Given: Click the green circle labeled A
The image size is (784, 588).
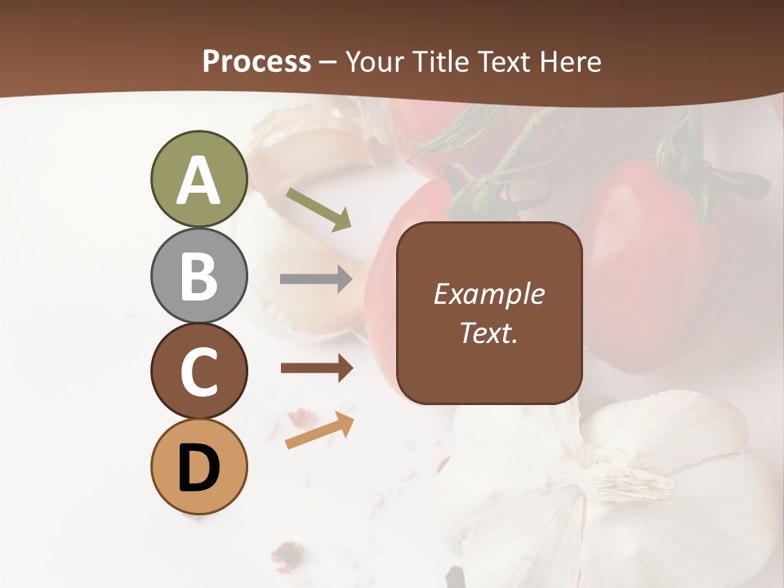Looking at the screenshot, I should pos(198,179).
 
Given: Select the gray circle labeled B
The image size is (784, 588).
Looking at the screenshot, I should pos(198,275).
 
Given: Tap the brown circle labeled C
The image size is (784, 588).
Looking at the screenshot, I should pos(198,371).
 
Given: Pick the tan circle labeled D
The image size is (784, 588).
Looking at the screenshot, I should pos(198,466).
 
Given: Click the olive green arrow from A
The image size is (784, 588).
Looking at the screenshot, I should pos(318,209).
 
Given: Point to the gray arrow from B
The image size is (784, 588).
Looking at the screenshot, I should pos(316,279).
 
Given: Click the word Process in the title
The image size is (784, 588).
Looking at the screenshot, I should pos(256,62).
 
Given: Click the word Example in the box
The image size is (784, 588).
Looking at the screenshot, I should pos(488,294).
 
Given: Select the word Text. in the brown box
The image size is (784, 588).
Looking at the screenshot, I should pos(488,332).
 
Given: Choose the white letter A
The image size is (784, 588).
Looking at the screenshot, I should pos(198,180).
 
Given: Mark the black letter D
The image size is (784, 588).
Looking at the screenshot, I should pos(198,468).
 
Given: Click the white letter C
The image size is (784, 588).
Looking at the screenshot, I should pos(198,372).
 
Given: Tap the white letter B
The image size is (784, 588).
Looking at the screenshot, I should pos(198,277).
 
